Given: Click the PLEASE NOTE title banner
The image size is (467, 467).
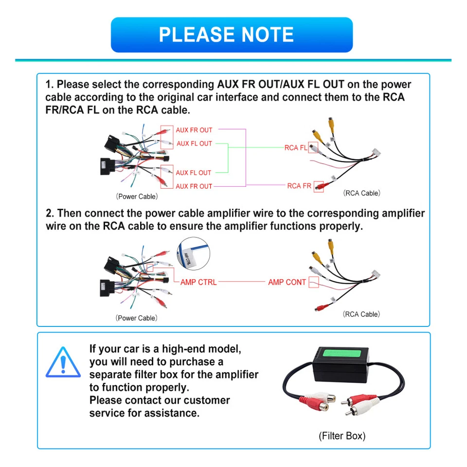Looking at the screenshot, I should [x=232, y=35].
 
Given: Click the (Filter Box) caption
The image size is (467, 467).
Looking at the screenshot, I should [x=342, y=436].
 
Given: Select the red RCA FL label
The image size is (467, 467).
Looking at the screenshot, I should [x=296, y=148].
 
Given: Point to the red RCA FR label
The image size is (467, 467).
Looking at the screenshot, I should [x=299, y=186].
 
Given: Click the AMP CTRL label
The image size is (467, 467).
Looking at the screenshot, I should [x=198, y=282].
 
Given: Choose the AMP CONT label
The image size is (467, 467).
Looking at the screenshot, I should [x=287, y=282].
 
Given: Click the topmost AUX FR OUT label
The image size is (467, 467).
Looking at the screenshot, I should [x=194, y=130].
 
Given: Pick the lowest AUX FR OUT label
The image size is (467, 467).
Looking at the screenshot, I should [x=194, y=186].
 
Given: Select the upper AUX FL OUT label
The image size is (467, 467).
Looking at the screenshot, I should [x=194, y=144].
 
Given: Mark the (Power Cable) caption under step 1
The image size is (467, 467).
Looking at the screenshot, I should [x=137, y=197].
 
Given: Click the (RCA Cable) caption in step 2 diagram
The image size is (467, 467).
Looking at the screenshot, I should [x=361, y=314].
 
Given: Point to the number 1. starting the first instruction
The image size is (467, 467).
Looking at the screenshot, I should [x=50, y=85].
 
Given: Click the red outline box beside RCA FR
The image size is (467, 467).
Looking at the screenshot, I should [x=319, y=186].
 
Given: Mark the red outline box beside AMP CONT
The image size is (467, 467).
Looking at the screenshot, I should [x=314, y=282].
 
